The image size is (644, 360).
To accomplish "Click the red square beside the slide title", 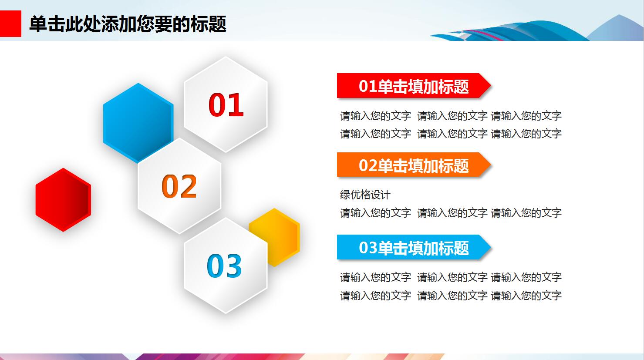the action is click(10, 24).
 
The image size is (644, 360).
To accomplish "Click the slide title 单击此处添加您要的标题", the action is click(128, 24).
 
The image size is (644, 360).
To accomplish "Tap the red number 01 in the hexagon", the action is click(226, 105).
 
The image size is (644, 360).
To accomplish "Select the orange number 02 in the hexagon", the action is click(179, 186).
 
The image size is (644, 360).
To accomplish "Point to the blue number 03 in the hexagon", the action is click(224, 266).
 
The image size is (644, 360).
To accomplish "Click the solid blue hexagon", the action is click(138, 123).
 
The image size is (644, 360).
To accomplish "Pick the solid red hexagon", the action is click(63, 200).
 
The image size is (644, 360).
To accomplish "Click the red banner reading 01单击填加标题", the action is click(413, 86).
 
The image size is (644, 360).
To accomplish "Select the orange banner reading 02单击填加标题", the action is click(413, 165).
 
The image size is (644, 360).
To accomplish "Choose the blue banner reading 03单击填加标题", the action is click(413, 247).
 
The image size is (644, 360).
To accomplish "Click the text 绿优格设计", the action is click(365, 195).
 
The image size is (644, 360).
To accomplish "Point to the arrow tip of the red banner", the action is click(490, 86).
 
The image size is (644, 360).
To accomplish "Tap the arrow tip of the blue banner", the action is click(490, 247).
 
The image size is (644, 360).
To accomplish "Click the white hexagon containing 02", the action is click(179, 186).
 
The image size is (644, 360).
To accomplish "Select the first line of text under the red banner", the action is click(451, 116).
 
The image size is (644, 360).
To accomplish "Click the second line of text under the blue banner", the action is click(451, 295).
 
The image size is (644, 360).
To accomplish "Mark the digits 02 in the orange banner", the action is click(368, 165).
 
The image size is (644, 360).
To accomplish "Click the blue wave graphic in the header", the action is click(509, 31).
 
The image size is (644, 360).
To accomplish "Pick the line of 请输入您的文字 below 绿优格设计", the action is click(451, 213).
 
